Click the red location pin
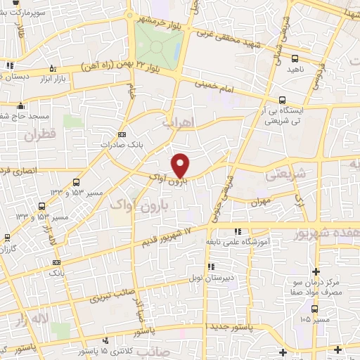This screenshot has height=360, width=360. tap(181, 165)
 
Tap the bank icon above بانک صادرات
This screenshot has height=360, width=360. tap(122, 134)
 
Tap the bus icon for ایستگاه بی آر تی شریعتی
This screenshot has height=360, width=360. tap(283, 100)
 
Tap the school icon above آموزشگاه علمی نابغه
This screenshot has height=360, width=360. tap(237, 231)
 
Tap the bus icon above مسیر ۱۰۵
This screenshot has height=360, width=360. tap(314, 308)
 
